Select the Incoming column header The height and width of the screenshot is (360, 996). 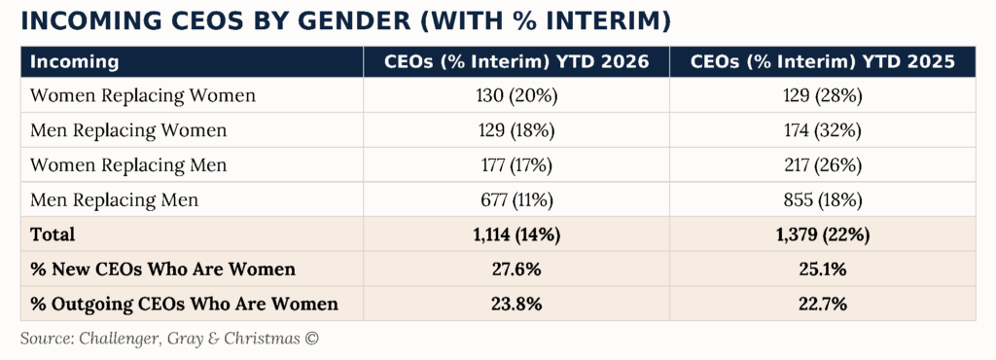click(74, 62)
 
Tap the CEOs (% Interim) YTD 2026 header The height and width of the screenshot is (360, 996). click(516, 62)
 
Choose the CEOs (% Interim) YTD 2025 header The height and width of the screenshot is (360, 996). click(823, 62)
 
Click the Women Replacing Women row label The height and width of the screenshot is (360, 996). click(143, 96)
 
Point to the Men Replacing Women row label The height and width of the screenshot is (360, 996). click(128, 130)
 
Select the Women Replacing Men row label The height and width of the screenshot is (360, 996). click(128, 165)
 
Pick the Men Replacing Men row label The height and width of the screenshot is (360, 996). click(115, 200)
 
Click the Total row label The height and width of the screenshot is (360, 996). click(53, 234)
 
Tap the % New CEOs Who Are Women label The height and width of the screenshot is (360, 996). click(162, 270)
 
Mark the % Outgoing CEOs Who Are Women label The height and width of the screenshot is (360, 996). click(184, 305)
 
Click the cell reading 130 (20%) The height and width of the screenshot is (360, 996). click(516, 96)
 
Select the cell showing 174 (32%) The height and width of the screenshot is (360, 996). click(823, 130)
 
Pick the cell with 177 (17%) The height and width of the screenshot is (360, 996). click(516, 165)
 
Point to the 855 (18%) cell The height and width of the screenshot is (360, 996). click(823, 200)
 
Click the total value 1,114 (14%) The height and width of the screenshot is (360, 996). click(516, 234)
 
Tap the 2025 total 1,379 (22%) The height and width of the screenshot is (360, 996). click(823, 234)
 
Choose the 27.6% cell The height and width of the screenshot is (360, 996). click(516, 270)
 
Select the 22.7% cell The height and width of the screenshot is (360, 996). click(823, 305)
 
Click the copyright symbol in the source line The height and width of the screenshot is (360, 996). click(311, 339)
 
